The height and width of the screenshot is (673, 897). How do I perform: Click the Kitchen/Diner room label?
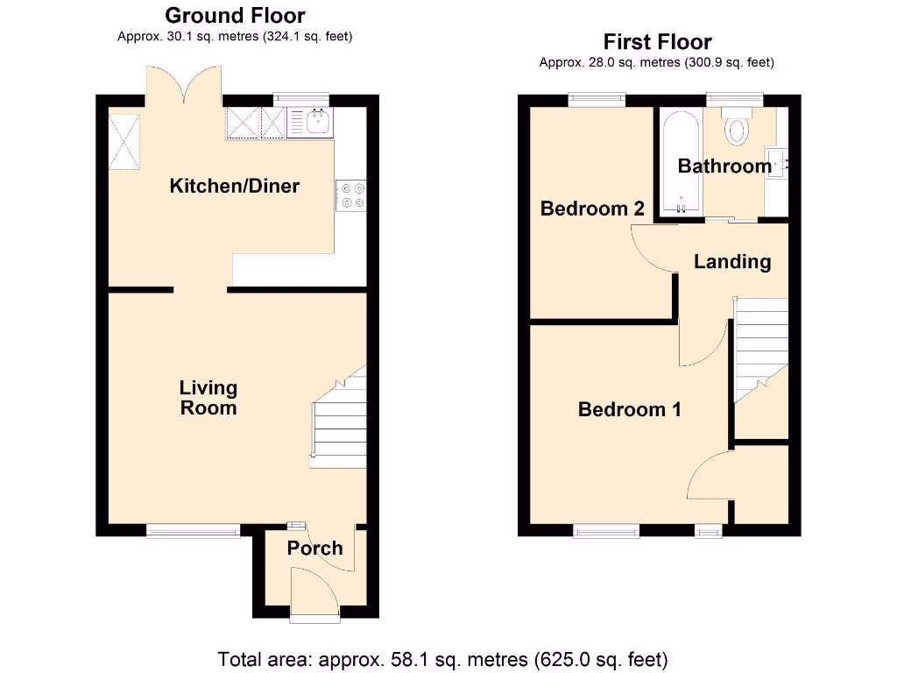[x=234, y=186]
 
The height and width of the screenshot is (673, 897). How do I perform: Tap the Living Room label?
[x=208, y=398]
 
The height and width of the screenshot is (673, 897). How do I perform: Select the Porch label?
[x=314, y=549]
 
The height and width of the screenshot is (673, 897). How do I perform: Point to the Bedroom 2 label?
[x=592, y=209]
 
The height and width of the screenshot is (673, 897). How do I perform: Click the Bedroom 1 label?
[x=629, y=409]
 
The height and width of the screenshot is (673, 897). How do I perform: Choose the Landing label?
[x=732, y=261]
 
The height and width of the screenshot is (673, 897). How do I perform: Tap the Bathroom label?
[x=724, y=166]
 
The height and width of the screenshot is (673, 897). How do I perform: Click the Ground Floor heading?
[x=235, y=15]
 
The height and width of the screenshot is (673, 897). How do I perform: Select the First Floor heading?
[x=657, y=41]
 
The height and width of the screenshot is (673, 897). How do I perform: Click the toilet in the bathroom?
[x=737, y=129]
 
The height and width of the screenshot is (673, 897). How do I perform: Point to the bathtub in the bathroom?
[x=681, y=163]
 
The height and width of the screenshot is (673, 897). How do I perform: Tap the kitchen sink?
[x=317, y=123]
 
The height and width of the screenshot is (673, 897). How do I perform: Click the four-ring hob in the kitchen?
[x=351, y=195]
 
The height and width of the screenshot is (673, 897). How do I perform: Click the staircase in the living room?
[x=339, y=418]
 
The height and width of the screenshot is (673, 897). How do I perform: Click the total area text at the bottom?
[x=442, y=658]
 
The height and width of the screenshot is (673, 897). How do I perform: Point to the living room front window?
[x=193, y=529]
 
